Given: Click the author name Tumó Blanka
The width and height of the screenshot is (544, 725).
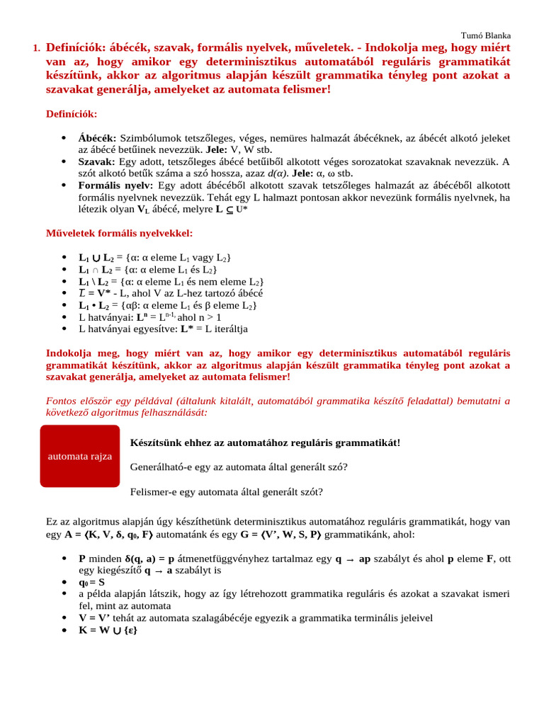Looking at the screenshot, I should point(485,35).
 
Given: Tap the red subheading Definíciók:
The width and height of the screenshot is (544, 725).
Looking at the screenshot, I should point(72,114).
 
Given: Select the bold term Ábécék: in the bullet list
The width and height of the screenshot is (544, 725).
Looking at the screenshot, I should point(98,138).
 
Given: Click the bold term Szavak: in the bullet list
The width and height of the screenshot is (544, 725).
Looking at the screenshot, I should point(97,162).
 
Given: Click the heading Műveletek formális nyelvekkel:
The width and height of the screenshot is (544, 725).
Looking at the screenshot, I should point(119,233).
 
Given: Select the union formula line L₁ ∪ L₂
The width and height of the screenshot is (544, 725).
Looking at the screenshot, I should point(154,257).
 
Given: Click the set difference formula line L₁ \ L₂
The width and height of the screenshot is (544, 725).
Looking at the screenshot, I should point(171,281).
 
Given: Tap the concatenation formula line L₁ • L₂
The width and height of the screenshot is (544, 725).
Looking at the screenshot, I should point(167,305).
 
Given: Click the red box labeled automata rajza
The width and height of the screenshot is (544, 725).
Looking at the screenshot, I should point(80,456).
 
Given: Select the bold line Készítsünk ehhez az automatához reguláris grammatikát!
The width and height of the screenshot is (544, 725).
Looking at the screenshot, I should point(266,443).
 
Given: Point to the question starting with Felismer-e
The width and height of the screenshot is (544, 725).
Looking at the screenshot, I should point(227,491).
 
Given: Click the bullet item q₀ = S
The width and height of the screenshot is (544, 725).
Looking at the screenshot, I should point(91,582).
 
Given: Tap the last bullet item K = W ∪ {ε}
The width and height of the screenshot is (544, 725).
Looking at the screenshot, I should point(108,630).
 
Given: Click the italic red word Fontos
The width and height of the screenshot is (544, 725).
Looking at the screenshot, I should point(61,401).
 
